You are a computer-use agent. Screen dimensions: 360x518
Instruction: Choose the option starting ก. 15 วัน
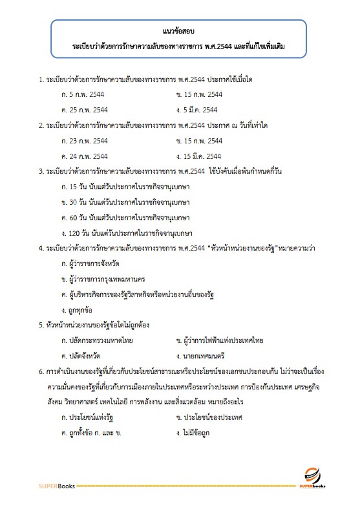tap(125, 187)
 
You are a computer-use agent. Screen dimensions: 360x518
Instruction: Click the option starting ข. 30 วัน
tap(125, 202)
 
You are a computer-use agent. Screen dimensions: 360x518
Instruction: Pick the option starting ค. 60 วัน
tap(125, 218)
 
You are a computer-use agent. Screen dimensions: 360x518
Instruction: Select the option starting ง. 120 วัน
tap(127, 233)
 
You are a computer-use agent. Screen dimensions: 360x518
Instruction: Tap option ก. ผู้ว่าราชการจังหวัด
tap(90, 264)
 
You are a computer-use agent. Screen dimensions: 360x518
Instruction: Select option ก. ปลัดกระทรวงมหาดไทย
tap(94, 340)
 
